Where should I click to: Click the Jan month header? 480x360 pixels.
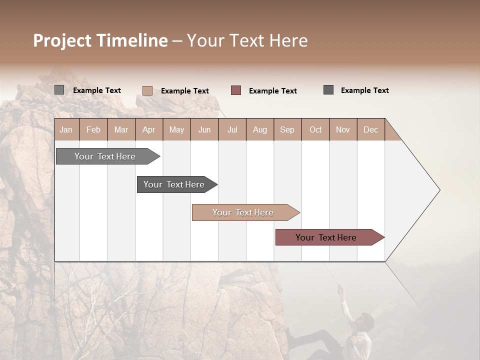coord(66,129)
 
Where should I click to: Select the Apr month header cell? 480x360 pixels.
coord(149,129)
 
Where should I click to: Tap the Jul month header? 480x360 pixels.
coord(232,129)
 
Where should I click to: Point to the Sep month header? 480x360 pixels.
coord(287,129)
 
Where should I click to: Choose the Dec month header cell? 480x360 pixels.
coord(370,129)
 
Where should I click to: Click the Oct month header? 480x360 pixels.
coord(315,129)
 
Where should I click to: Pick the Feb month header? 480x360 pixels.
coord(93,129)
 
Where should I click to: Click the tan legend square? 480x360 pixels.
coord(147,90)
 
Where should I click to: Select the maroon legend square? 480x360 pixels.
coord(236,90)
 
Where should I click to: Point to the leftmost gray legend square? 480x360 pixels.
coord(59,90)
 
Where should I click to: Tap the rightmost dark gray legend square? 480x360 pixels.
coord(328,90)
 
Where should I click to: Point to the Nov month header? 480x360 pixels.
coord(343,129)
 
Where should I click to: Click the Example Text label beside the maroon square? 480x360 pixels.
coord(272,91)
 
